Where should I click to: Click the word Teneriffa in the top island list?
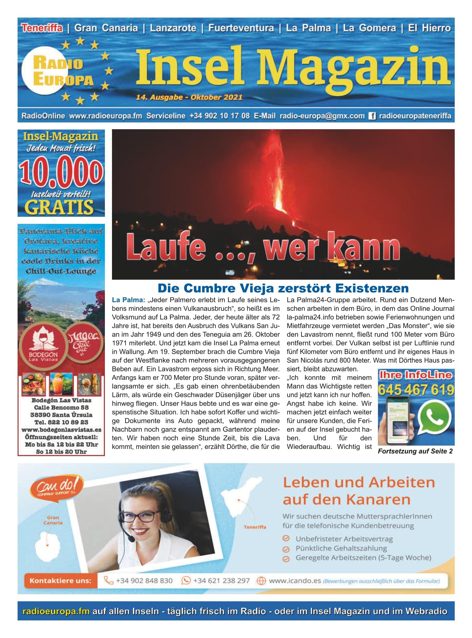(42, 28)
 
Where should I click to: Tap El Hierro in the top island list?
(429, 28)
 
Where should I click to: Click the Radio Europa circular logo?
(58, 72)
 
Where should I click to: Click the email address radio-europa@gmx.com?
(322, 116)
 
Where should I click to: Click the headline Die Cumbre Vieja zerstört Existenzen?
(283, 288)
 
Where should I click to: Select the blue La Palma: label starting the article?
(128, 300)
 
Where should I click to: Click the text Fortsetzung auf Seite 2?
(415, 451)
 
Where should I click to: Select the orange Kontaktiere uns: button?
(60, 581)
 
